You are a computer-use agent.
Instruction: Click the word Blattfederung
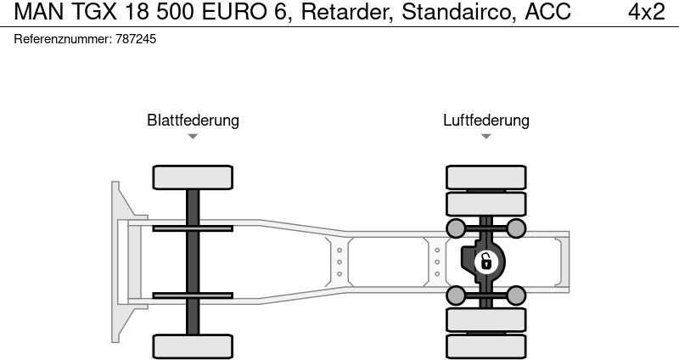click(193, 120)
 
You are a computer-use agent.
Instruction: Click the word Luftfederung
click(485, 120)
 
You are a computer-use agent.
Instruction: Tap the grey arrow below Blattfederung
click(193, 137)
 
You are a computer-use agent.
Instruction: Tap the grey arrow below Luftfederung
click(485, 137)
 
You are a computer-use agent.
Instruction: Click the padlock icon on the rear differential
click(485, 262)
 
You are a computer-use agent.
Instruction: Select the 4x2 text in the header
click(646, 12)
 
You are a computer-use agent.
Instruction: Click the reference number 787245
click(136, 39)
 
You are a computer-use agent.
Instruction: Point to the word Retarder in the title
click(347, 12)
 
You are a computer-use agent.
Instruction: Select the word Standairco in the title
click(458, 12)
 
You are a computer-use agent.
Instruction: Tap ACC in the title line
click(547, 12)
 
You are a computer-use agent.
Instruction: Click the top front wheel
click(193, 177)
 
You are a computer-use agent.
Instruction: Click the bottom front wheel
click(193, 346)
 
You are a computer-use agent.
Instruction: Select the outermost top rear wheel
click(485, 177)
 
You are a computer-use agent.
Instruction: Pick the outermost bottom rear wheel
click(485, 347)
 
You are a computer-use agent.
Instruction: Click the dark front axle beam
click(193, 262)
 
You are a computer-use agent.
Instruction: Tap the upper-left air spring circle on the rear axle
click(456, 228)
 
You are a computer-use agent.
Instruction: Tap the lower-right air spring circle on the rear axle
click(516, 295)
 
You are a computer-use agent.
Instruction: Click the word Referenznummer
click(63, 39)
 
